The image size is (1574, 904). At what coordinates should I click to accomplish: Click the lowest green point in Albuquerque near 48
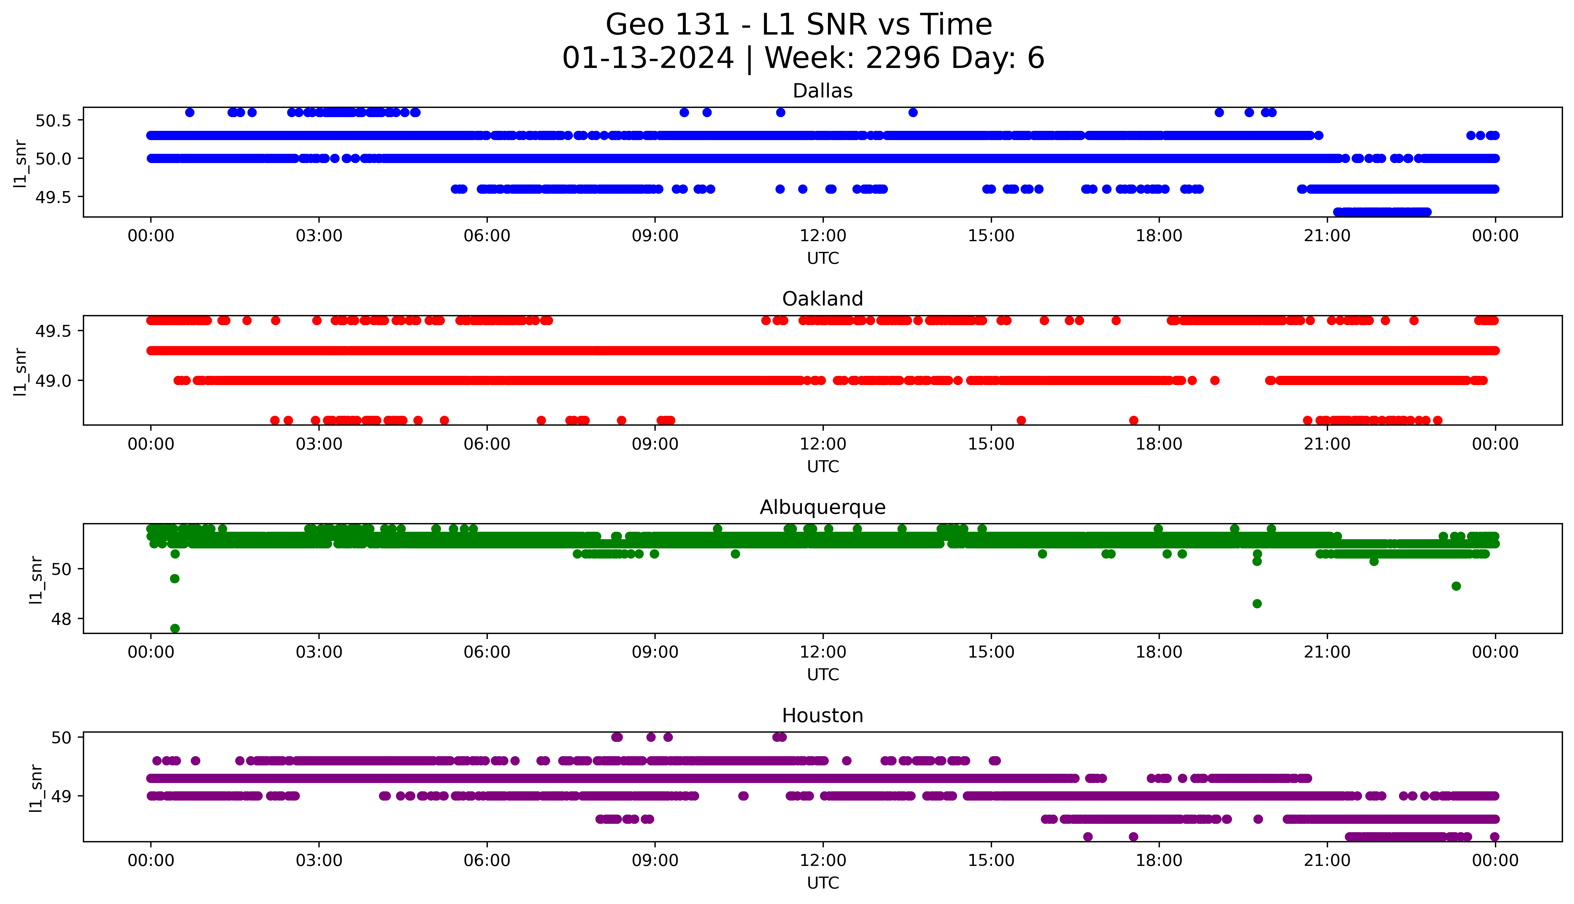(x=175, y=628)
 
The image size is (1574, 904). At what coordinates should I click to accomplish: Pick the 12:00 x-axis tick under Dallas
(x=823, y=236)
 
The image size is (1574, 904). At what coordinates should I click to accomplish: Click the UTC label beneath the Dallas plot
(x=823, y=258)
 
